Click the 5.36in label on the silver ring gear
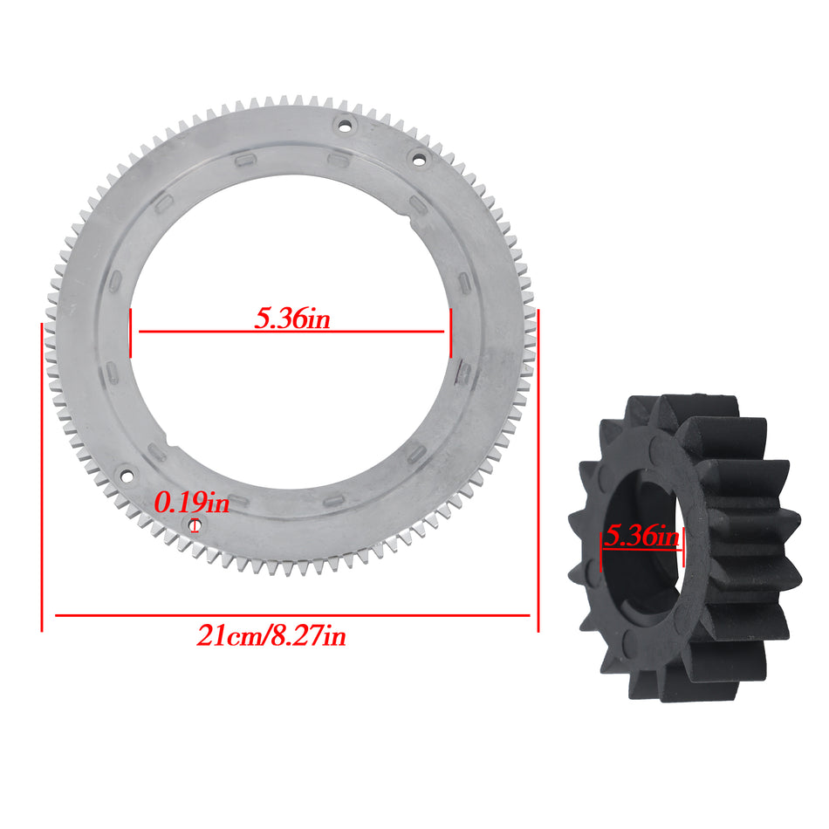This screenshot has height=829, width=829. tap(292, 319)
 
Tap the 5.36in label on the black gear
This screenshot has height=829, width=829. tap(642, 536)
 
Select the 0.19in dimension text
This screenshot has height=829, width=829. tap(191, 503)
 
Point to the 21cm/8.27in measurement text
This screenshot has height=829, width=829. tap(271, 636)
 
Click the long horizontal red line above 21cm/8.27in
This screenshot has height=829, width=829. tap(292, 615)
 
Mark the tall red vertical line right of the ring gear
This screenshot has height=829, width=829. tap(538, 471)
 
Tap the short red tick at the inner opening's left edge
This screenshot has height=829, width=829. tap(130, 332)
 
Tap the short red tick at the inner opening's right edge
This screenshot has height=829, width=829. tap(450, 332)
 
